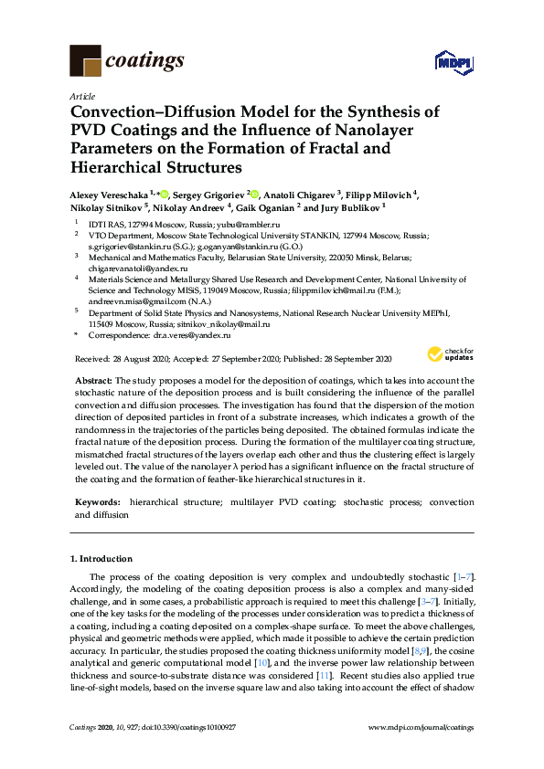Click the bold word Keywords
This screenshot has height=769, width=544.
tap(97, 502)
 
